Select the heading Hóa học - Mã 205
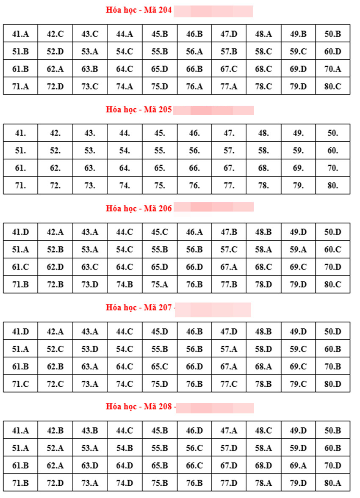pyautogui.click(x=139, y=110)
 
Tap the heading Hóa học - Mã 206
pyautogui.click(x=139, y=209)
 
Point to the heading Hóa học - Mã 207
pyautogui.click(x=139, y=308)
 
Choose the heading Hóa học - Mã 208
pyautogui.click(x=139, y=407)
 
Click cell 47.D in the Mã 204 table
pyautogui.click(x=229, y=34)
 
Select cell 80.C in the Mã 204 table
pyautogui.click(x=333, y=87)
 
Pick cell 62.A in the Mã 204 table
pyautogui.click(x=55, y=69)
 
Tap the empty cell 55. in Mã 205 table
pyautogui.click(x=159, y=151)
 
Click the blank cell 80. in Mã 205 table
pyautogui.click(x=333, y=185)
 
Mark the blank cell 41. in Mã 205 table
pyautogui.click(x=20, y=133)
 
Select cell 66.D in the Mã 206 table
pyautogui.click(x=194, y=267)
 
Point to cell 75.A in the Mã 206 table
pyautogui.click(x=159, y=285)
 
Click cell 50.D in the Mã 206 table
pyautogui.click(x=333, y=232)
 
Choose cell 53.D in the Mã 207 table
pyautogui.click(x=90, y=349)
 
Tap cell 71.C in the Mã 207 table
pyautogui.click(x=20, y=384)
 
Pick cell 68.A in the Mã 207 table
pyautogui.click(x=263, y=366)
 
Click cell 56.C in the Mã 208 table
pyautogui.click(x=194, y=448)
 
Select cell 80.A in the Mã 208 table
pyautogui.click(x=333, y=483)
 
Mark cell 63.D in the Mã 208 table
pyautogui.click(x=90, y=465)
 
